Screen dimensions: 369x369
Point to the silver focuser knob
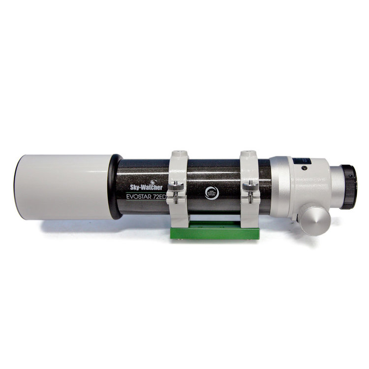(315, 220)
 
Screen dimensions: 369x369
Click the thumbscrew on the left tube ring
(177, 187)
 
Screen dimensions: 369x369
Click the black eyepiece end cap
(349, 187)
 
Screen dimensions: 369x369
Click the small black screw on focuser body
(305, 168)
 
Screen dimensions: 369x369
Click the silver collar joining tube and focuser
(279, 187)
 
